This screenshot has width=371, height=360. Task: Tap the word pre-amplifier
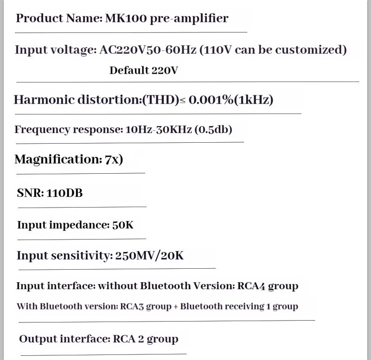pos(189,19)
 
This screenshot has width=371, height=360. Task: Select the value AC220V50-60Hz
pos(147,50)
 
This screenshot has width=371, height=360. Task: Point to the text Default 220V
pos(144,70)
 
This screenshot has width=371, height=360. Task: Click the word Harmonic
pos(44,100)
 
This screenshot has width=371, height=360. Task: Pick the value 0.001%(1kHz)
pos(231,100)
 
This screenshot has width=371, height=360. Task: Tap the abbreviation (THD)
pos(160,100)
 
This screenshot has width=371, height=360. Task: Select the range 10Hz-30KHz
pos(158,130)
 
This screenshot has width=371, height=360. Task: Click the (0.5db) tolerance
pos(213,130)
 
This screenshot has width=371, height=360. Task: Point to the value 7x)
pos(114,159)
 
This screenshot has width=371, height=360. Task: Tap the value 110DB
pos(64,193)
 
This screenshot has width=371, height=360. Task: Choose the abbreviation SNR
pos(30,193)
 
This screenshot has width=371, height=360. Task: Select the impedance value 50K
pos(123,225)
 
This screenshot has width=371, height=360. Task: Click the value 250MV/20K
pos(149,256)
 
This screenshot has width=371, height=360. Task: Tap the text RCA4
pos(251,286)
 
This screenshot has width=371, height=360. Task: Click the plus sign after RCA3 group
pos(176,307)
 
